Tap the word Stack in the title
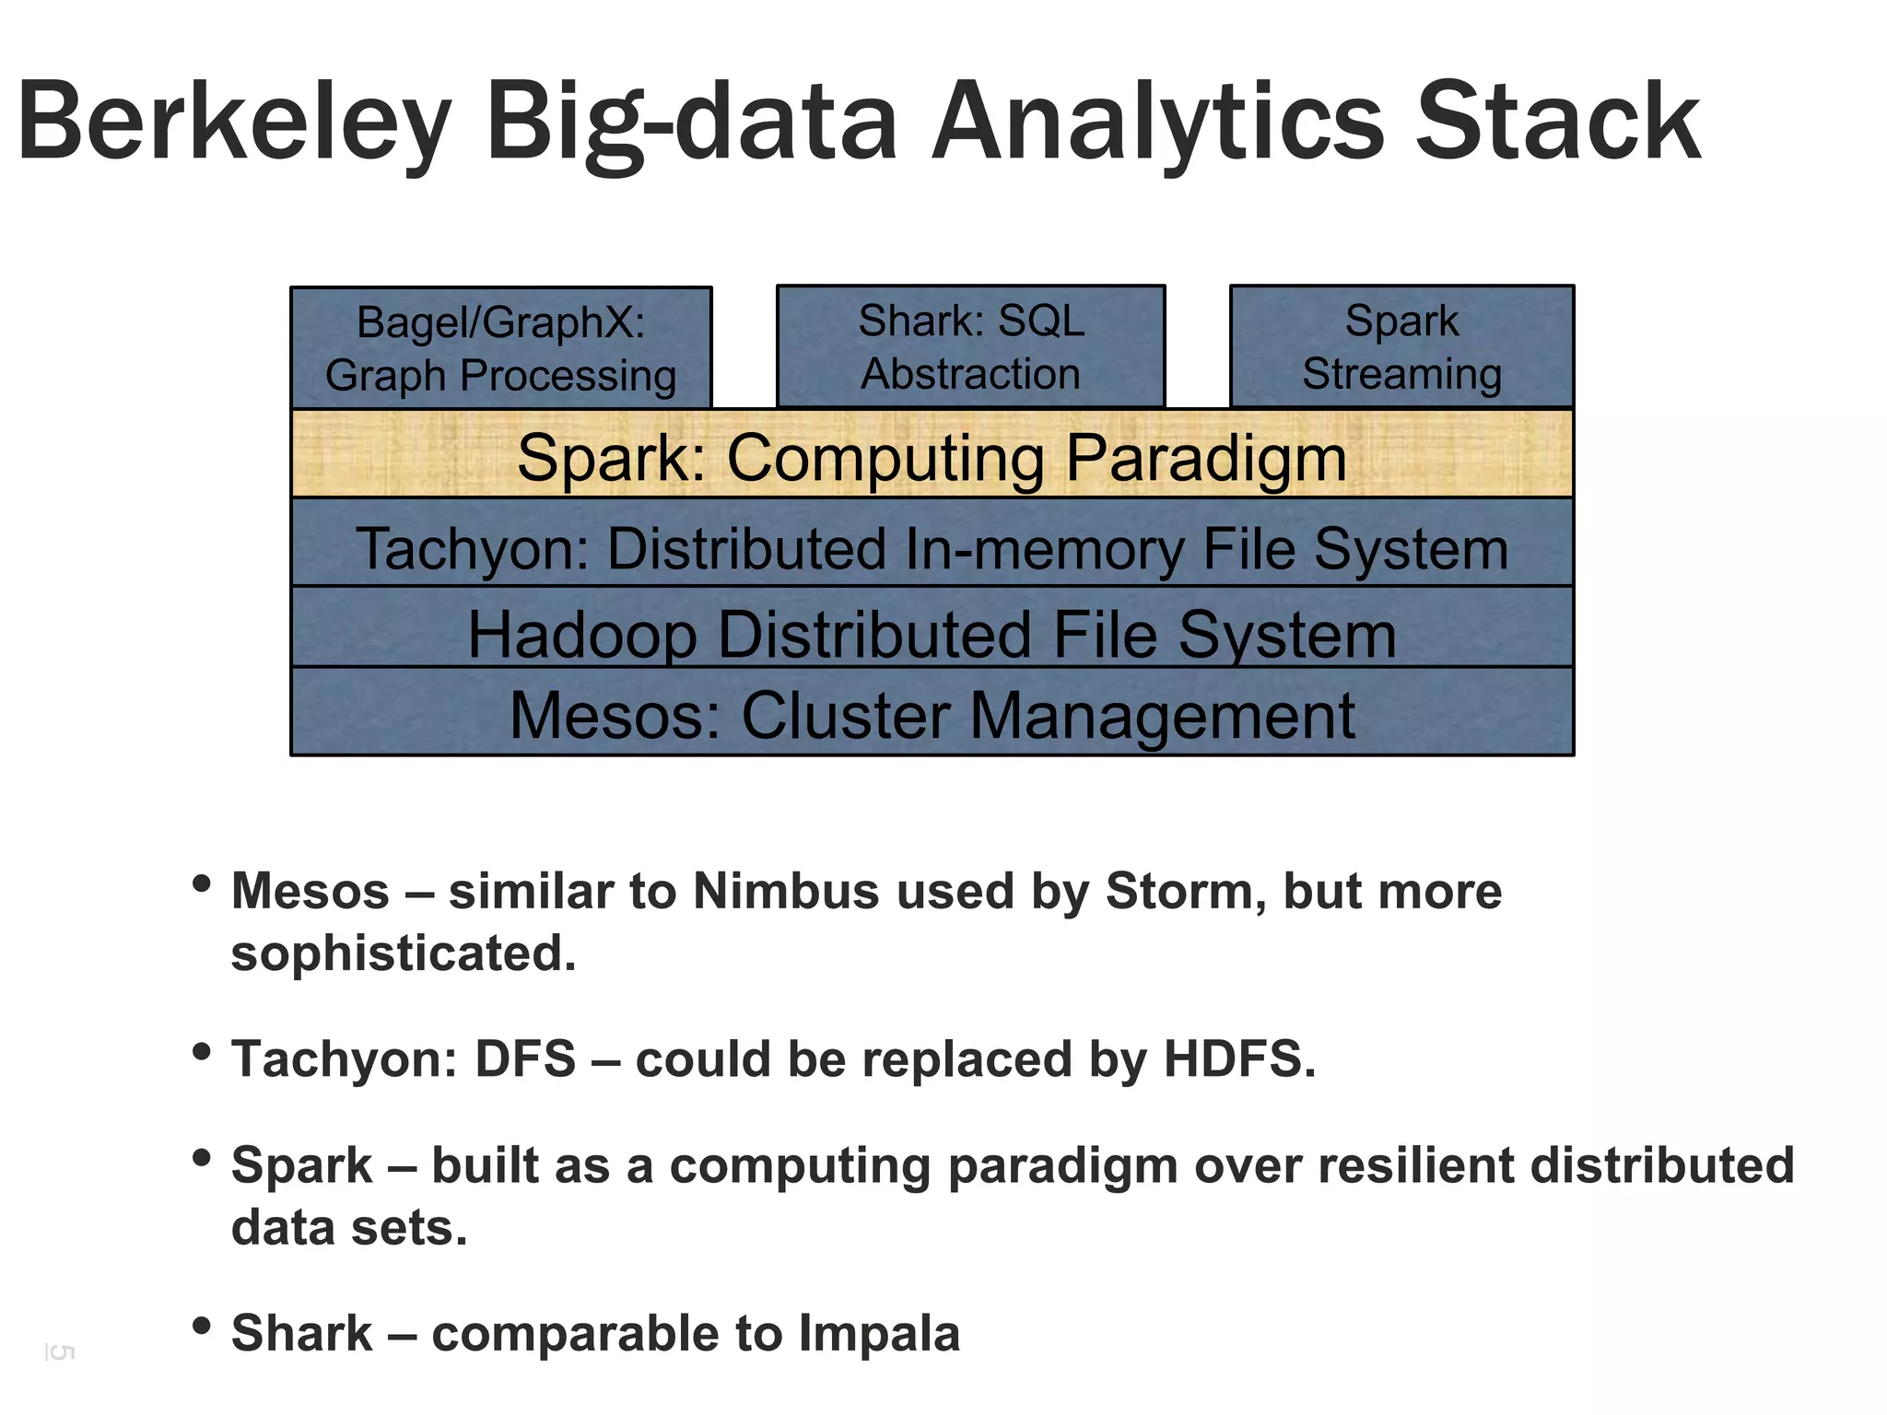pos(1557,122)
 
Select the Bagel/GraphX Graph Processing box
pos(501,348)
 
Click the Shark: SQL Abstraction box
pos(971,346)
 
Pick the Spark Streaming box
pos(1401,346)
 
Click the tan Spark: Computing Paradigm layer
pos(932,455)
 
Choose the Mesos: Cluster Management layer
pos(932,714)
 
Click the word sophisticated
pos(403,953)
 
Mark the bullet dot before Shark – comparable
pos(202,1327)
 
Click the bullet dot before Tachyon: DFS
pos(202,1052)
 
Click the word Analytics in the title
pos(1157,122)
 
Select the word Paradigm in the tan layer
pos(1206,457)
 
